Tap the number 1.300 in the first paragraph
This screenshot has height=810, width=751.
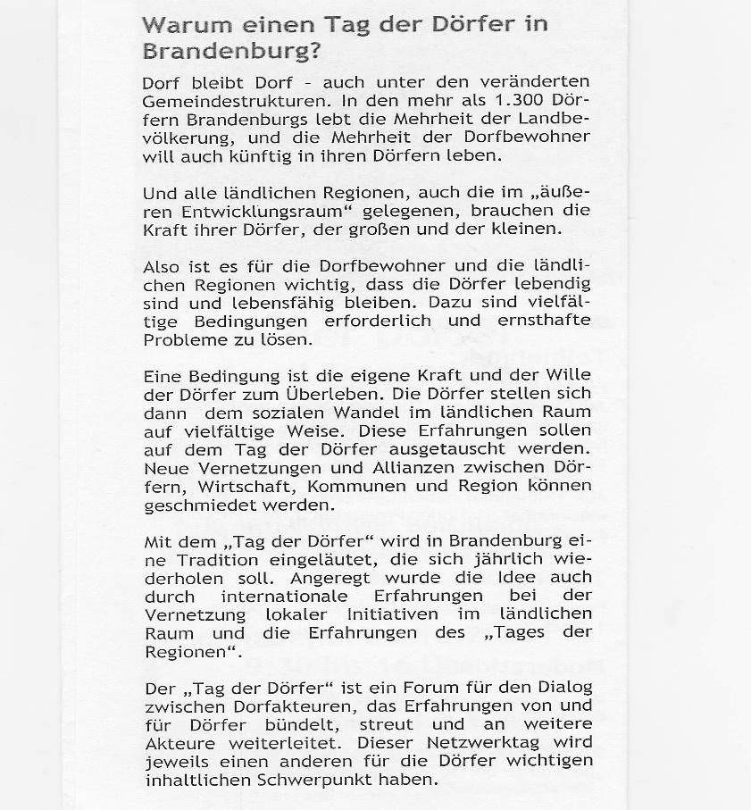[505, 101]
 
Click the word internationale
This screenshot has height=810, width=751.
[279, 596]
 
